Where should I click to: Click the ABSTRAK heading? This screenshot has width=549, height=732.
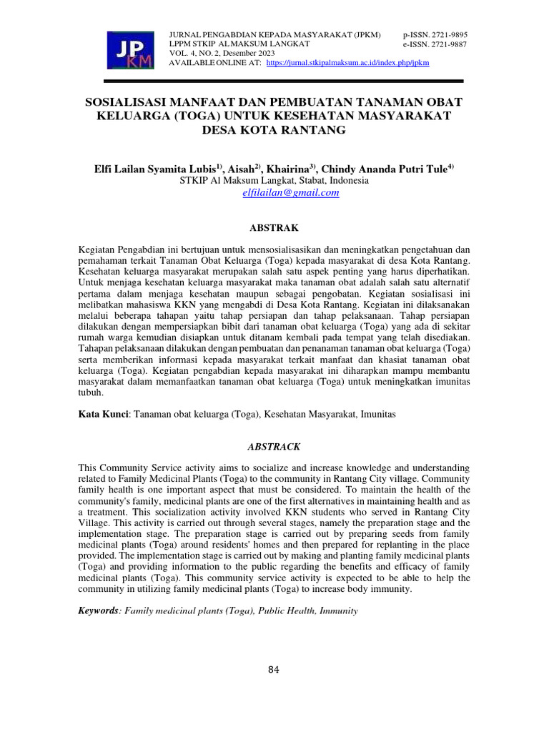(274, 228)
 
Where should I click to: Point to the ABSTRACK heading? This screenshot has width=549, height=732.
(274, 447)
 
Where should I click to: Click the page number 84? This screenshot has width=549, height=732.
(274, 670)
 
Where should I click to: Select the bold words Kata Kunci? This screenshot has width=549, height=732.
(103, 414)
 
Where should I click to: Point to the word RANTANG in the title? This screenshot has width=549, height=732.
(318, 130)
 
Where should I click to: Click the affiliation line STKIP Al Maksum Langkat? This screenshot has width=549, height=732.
(274, 181)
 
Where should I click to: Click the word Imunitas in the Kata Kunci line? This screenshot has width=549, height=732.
(377, 414)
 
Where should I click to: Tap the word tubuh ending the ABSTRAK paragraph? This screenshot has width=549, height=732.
(91, 392)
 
